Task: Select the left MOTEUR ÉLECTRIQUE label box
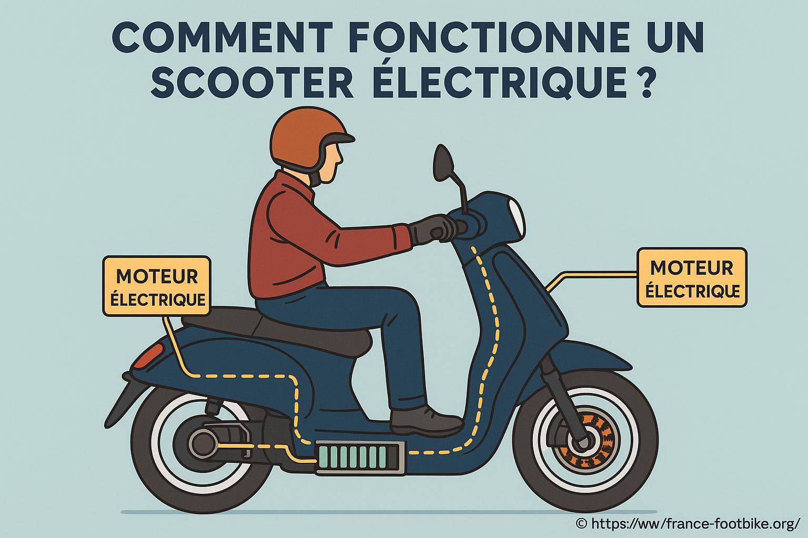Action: pos(156,286)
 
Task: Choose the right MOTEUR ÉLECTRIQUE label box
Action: pos(691,278)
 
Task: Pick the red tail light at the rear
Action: pos(153,351)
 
